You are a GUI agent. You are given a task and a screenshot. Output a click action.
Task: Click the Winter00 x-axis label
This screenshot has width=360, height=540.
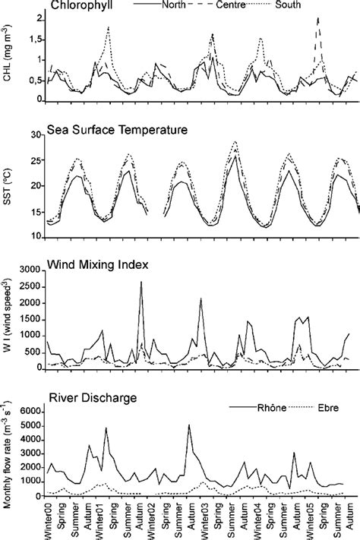coord(48,520)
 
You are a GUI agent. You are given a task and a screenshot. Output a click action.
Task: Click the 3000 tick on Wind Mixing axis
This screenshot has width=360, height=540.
coord(29,270)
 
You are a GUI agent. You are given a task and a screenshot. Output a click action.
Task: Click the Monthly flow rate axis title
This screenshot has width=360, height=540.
coord(8,448)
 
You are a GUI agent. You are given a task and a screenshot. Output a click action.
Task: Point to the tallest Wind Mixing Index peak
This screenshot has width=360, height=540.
coord(141,283)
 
